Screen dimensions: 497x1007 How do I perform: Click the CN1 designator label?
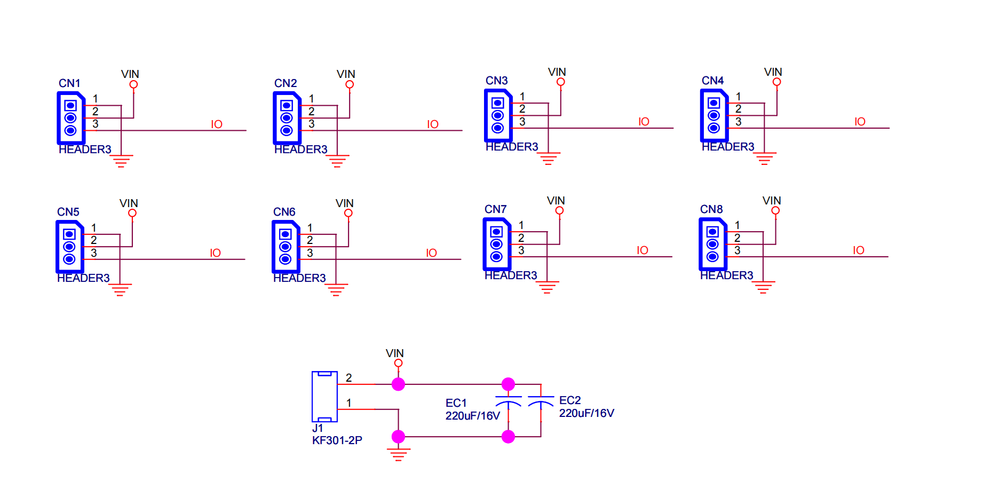pyautogui.click(x=69, y=83)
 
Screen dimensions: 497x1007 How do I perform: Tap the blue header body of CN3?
pyautogui.click(x=497, y=115)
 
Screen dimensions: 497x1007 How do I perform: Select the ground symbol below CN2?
pyautogui.click(x=337, y=161)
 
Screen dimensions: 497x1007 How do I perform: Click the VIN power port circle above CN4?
pyautogui.click(x=776, y=82)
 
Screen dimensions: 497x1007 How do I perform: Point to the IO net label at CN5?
pyautogui.click(x=215, y=253)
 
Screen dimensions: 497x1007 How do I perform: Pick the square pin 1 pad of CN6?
pyautogui.click(x=286, y=234)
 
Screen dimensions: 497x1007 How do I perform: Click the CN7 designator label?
pyautogui.click(x=495, y=209)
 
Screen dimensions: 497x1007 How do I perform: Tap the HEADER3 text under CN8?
pyautogui.click(x=726, y=275)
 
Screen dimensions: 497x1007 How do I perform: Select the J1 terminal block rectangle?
pyautogui.click(x=324, y=397)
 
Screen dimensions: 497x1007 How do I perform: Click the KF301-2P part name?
pyautogui.click(x=337, y=440)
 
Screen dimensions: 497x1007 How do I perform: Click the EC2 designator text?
pyautogui.click(x=569, y=400)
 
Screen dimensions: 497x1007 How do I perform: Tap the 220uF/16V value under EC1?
pyautogui.click(x=473, y=416)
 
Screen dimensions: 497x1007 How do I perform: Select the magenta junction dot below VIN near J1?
pyautogui.click(x=398, y=384)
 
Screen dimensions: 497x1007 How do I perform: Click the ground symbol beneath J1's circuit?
pyautogui.click(x=398, y=454)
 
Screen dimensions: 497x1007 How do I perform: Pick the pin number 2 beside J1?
pyautogui.click(x=348, y=378)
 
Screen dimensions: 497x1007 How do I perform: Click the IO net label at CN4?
pyautogui.click(x=860, y=122)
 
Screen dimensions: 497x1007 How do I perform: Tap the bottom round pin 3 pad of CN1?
pyautogui.click(x=70, y=130)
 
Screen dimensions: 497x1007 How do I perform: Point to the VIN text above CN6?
pyautogui.click(x=344, y=203)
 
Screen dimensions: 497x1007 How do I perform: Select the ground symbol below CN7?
pyautogui.click(x=547, y=287)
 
